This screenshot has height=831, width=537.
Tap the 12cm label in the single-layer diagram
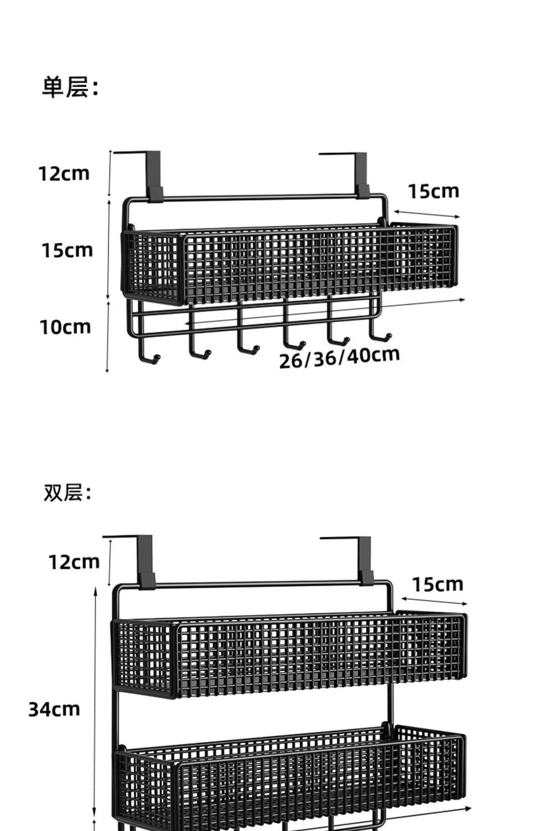[x=64, y=173]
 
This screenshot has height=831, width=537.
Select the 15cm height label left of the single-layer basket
[x=67, y=250]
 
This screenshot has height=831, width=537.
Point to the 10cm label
[x=65, y=327]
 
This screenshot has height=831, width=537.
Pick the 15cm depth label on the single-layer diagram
[x=434, y=191]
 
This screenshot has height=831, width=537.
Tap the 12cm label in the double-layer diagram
[x=74, y=562]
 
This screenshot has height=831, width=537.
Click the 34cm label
[x=54, y=709]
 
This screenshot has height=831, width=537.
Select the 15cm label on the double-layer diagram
[x=437, y=584]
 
